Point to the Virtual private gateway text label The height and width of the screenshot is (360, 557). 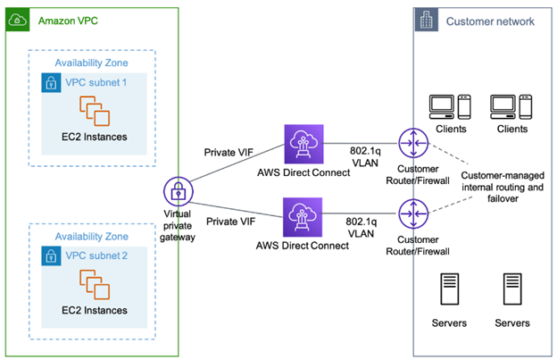point(178,226)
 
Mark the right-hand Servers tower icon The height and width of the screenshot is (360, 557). point(511,290)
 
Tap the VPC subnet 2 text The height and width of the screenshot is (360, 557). point(101,256)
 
